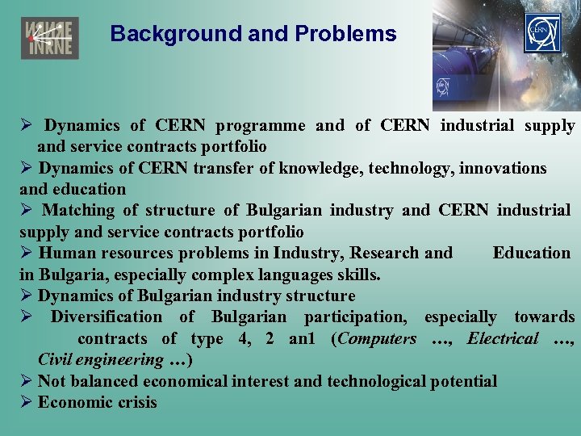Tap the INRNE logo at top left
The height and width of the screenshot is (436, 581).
pyautogui.click(x=49, y=38)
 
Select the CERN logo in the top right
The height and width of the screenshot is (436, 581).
pyautogui.click(x=541, y=33)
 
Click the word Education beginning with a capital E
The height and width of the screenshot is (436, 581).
pyautogui.click(x=531, y=253)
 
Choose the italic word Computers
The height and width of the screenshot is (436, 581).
pyautogui.click(x=378, y=338)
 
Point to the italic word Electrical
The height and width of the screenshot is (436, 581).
pyautogui.click(x=502, y=338)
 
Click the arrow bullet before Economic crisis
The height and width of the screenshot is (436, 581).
pyautogui.click(x=26, y=402)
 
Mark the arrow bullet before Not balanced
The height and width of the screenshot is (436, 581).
pyautogui.click(x=26, y=381)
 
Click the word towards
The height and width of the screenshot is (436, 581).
pyautogui.click(x=545, y=317)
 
